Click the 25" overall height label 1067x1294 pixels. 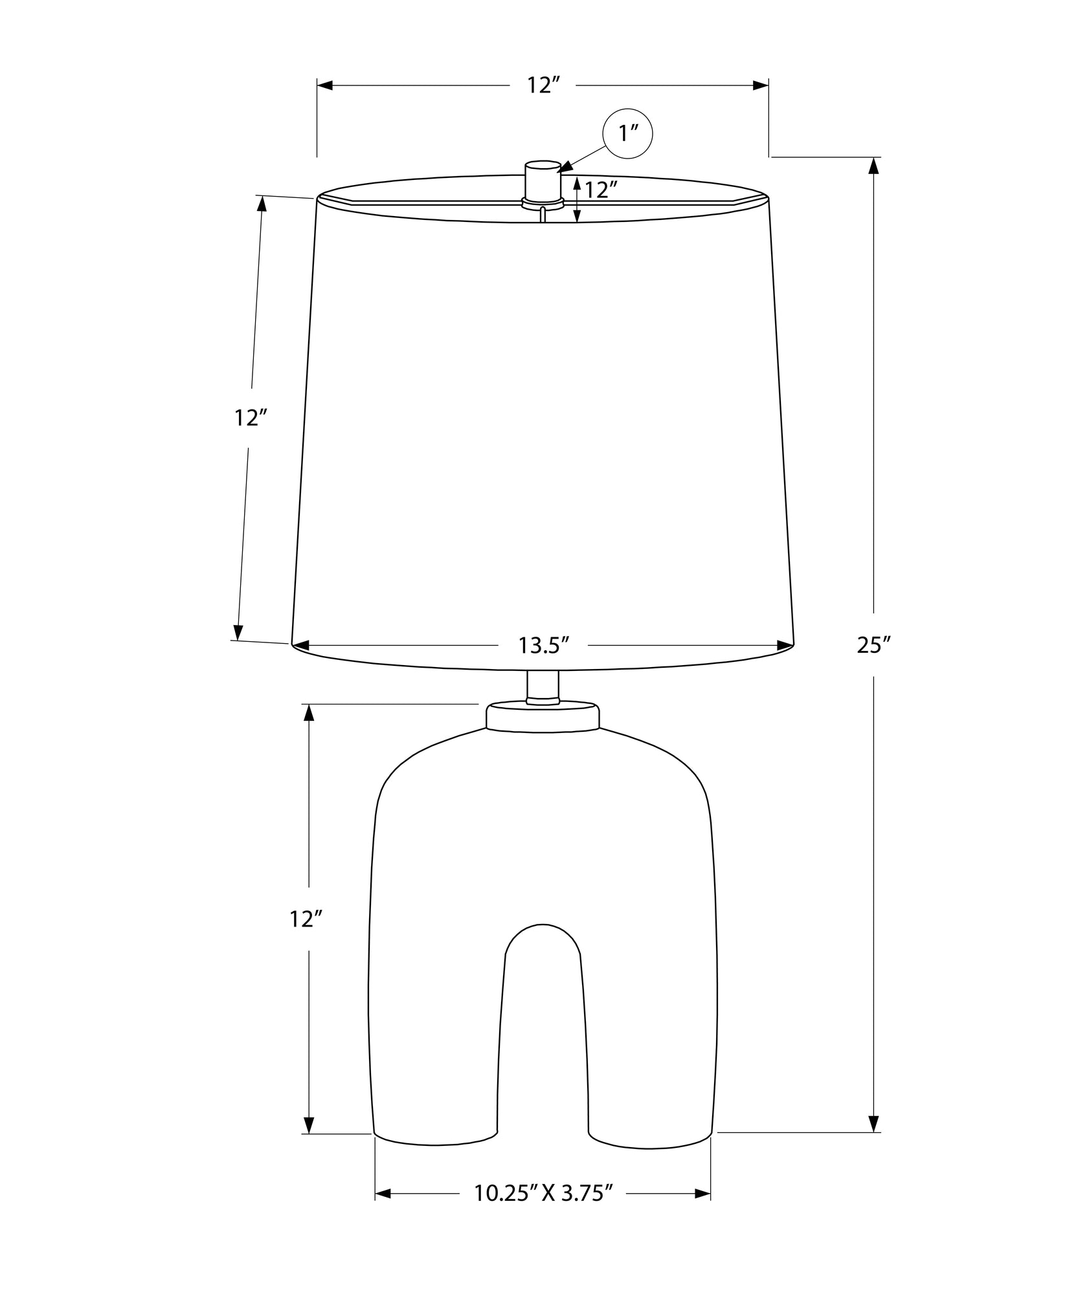click(x=873, y=645)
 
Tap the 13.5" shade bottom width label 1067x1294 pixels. click(x=543, y=645)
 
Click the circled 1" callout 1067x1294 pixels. click(x=627, y=134)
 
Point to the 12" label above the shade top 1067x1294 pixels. click(x=543, y=85)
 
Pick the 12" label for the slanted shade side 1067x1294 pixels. click(x=251, y=419)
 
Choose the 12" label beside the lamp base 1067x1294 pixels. click(x=306, y=919)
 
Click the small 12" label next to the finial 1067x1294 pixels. click(x=600, y=190)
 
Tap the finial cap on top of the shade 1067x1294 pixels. click(x=543, y=181)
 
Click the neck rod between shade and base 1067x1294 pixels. click(x=543, y=687)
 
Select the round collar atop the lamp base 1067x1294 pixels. click(x=543, y=717)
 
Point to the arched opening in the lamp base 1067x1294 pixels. click(x=543, y=1035)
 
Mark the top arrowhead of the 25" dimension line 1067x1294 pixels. click(x=873, y=166)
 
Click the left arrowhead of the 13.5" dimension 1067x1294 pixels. click(x=301, y=645)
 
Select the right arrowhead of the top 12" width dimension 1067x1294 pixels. click(x=760, y=85)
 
